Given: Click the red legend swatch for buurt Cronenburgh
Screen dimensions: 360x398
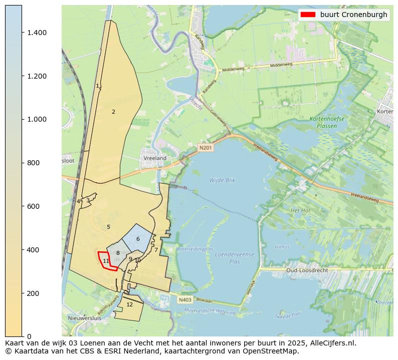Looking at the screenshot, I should point(308,15).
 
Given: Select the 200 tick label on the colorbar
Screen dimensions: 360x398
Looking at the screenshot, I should point(34,293).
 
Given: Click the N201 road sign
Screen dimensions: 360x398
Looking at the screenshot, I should point(205,148).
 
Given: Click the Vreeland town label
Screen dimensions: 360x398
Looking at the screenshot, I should point(155,158).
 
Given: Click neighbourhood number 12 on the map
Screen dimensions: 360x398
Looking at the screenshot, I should point(129,304).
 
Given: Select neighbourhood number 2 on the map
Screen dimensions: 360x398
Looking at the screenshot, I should point(113,112).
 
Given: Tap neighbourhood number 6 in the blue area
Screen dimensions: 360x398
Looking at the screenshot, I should point(138,239).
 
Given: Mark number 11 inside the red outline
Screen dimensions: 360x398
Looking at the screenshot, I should point(106,261).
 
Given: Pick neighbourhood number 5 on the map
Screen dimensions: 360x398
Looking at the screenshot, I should point(108,227).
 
